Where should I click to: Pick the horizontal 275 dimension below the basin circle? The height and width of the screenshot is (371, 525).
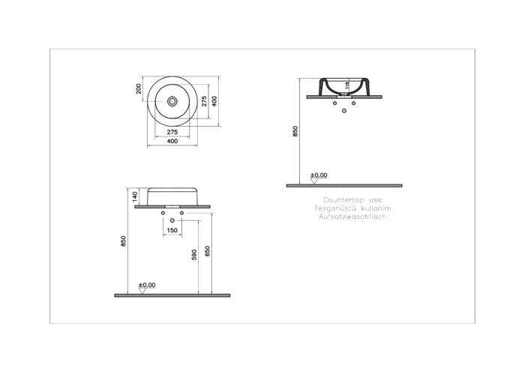coord(172,132)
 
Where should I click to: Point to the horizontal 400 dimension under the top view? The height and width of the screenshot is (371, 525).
coord(172,141)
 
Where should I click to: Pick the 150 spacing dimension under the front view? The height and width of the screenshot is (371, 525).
coord(172,230)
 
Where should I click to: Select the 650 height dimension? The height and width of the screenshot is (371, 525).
coord(208,251)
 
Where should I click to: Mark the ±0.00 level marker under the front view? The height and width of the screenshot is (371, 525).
coord(146,286)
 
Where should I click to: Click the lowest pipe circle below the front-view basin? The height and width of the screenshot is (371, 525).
coord(172,220)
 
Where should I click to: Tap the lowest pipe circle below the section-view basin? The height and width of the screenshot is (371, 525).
coord(344,111)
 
